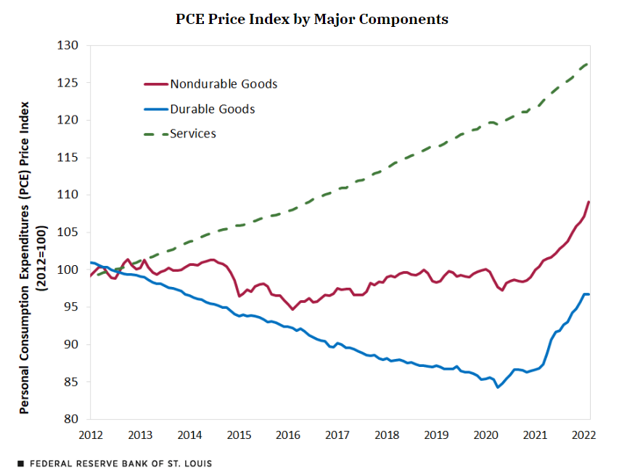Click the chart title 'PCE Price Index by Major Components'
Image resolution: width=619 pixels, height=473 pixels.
click(312, 19)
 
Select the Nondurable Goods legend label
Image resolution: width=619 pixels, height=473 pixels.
click(224, 84)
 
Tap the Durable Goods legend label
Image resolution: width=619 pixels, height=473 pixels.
click(212, 109)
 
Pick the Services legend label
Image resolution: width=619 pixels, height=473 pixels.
click(193, 134)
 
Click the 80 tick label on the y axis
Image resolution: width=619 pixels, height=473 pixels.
click(70, 419)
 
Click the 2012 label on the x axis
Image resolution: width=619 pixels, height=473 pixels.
click(90, 434)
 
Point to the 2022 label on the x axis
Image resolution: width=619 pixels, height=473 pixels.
click(584, 434)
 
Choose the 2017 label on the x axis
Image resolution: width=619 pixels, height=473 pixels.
click(337, 434)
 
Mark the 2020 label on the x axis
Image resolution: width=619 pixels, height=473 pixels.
click(485, 434)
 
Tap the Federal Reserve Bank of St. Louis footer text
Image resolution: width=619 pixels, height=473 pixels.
click(120, 463)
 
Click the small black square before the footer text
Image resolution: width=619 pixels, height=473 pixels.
click(20, 463)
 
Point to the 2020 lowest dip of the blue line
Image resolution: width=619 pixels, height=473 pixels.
click(498, 387)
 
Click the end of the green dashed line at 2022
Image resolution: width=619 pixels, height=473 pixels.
click(587, 64)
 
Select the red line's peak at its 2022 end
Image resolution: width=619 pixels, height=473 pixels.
click(589, 202)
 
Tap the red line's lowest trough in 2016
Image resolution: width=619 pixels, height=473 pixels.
click(292, 310)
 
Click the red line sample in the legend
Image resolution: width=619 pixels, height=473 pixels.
click(155, 84)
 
